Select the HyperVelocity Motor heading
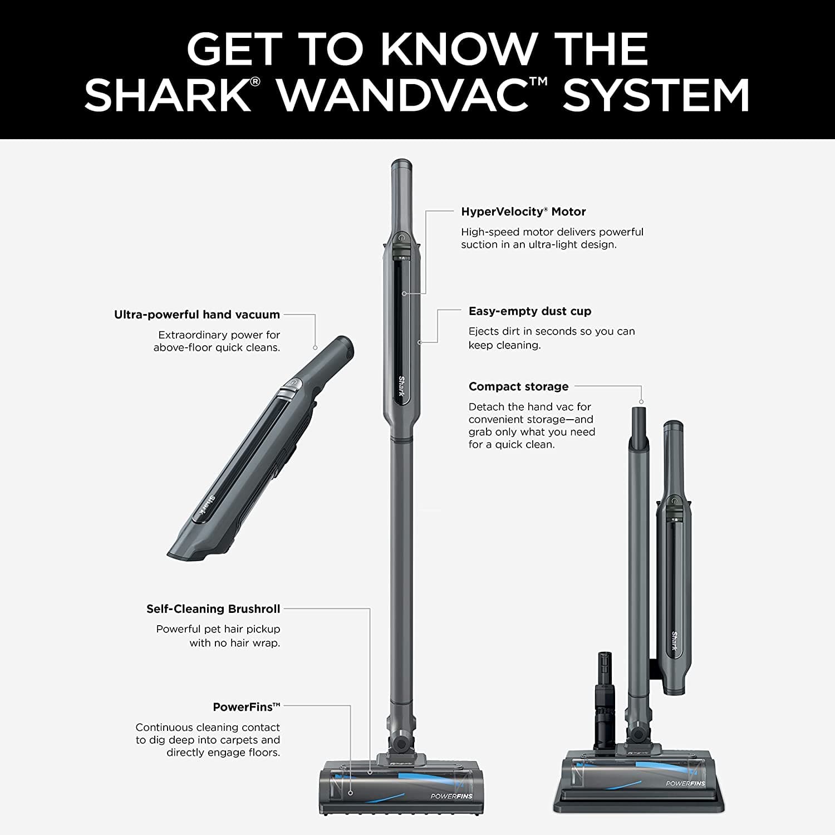coord(523,212)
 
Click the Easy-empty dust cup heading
coord(529,311)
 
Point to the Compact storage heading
coord(518,386)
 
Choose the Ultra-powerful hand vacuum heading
coord(197,315)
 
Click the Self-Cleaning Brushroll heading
coord(213,609)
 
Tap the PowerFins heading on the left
coord(243,707)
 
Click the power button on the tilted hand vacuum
coord(292,383)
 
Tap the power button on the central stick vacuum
coord(401,238)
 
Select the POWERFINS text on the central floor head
coord(451,796)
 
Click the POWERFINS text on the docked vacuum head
coord(685,783)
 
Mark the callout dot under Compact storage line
coord(641,401)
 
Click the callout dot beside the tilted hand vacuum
coord(315,347)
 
